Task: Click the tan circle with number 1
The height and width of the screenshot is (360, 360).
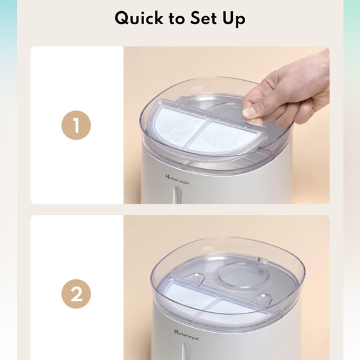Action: click(x=76, y=126)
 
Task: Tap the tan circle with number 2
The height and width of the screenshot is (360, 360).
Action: click(x=76, y=294)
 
